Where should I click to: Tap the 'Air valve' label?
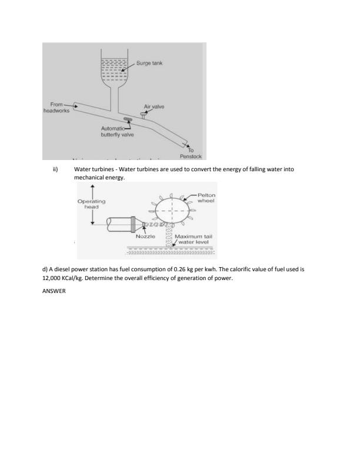click(x=154, y=106)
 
